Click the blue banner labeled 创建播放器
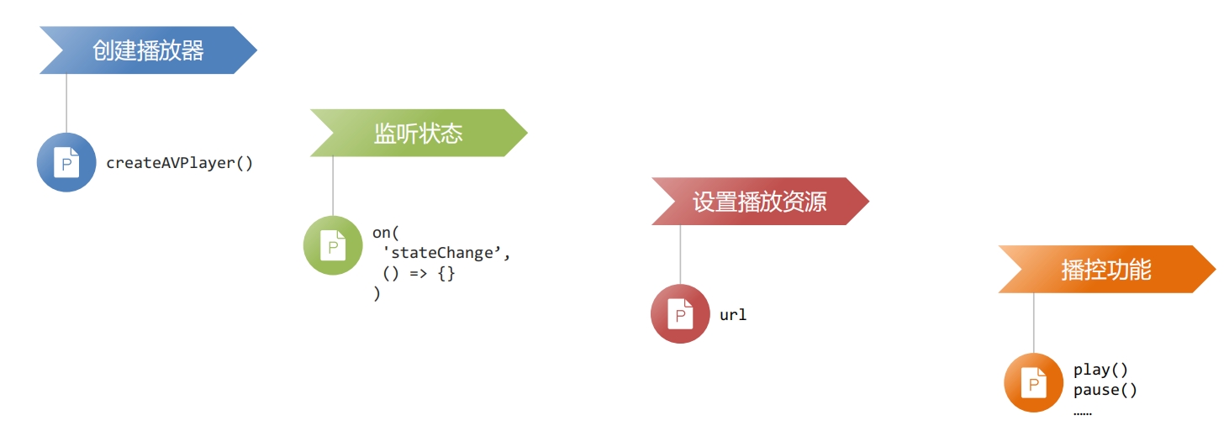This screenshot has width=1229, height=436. click(148, 50)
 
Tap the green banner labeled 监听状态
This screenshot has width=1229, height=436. click(419, 133)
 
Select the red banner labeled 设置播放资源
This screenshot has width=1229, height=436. click(761, 202)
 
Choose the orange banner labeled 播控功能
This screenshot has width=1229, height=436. click(1107, 270)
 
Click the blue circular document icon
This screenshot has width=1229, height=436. click(66, 162)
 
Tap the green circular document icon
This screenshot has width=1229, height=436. click(333, 245)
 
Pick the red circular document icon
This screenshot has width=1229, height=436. click(680, 313)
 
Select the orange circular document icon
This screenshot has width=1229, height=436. click(1034, 382)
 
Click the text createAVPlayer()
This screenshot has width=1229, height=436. click(179, 163)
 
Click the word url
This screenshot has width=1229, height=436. click(733, 315)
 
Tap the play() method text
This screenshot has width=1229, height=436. click(1100, 370)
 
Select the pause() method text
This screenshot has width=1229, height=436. click(1105, 390)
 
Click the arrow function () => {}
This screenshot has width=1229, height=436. click(419, 273)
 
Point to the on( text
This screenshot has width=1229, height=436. click(386, 233)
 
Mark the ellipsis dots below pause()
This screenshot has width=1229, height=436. click(1083, 413)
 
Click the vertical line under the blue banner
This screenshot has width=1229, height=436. click(66, 103)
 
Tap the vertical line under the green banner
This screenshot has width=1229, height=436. click(333, 186)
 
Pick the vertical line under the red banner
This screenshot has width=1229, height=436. click(680, 255)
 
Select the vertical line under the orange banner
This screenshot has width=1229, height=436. click(1034, 323)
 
